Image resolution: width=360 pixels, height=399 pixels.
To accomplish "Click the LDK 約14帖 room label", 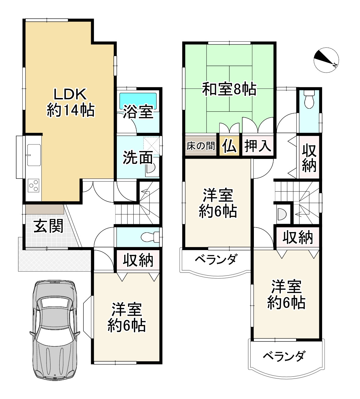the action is [71, 102].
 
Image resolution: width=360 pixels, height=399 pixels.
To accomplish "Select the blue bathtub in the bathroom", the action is [138, 98].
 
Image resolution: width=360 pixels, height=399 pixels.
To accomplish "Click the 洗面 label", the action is [138, 157].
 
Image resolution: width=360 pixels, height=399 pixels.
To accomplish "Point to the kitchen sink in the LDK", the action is [34, 155].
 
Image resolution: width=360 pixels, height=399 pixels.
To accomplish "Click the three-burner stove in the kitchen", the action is [34, 185].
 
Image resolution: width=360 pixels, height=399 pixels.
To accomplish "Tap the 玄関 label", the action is [48, 226].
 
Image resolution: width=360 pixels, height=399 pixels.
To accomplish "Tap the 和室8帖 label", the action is [229, 89].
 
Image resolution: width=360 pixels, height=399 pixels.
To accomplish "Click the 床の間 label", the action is [201, 146].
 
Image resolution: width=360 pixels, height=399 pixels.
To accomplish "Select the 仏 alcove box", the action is [229, 145].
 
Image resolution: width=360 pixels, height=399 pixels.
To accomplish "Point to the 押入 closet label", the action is [258, 145].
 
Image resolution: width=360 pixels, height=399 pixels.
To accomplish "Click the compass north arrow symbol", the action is [326, 60].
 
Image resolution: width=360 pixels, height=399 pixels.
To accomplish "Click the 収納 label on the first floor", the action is [138, 260].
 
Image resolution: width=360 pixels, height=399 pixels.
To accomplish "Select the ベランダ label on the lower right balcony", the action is [284, 356].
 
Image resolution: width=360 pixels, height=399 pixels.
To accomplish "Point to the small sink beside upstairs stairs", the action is [281, 214].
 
